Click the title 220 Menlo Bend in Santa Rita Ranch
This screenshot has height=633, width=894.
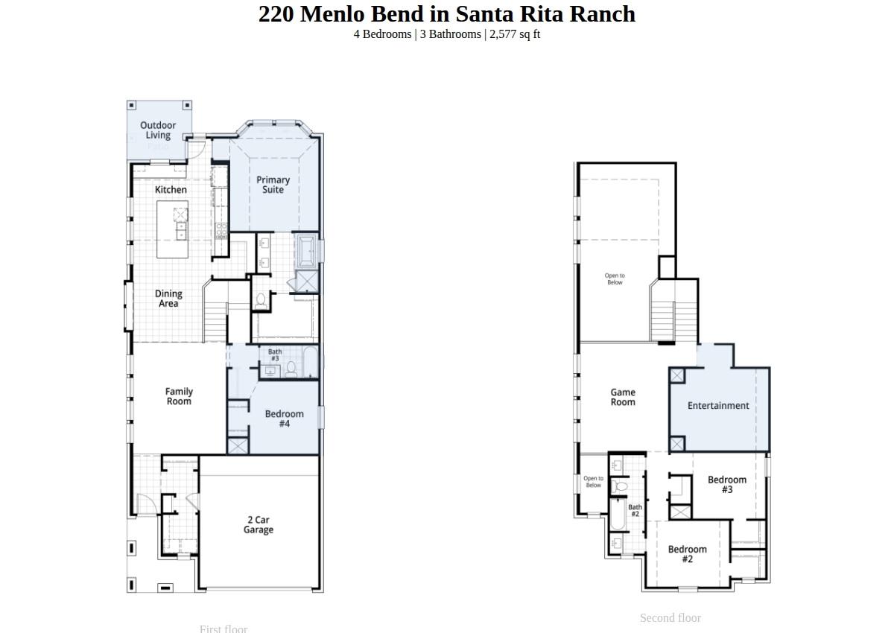pos(447,14)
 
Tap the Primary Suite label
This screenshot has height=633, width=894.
pos(273,185)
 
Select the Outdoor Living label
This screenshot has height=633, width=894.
pos(158,130)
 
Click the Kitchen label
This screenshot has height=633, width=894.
pos(171,190)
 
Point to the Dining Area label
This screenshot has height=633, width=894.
pos(168,299)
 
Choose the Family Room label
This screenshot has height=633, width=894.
pos(179,396)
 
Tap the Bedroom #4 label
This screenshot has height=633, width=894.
pos(284,419)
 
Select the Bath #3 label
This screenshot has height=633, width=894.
pos(275,355)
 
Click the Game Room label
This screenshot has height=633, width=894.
pos(623,397)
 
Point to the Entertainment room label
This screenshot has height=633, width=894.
pos(718,406)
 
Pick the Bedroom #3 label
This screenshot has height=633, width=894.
pos(726,485)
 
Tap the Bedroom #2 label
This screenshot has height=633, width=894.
pos(687,554)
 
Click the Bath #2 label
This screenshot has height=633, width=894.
pos(635,511)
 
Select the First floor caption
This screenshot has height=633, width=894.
pos(223,629)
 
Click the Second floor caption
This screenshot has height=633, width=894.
pos(670,618)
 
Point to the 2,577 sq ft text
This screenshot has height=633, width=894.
pos(515,34)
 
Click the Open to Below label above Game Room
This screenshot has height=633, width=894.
pos(615,279)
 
